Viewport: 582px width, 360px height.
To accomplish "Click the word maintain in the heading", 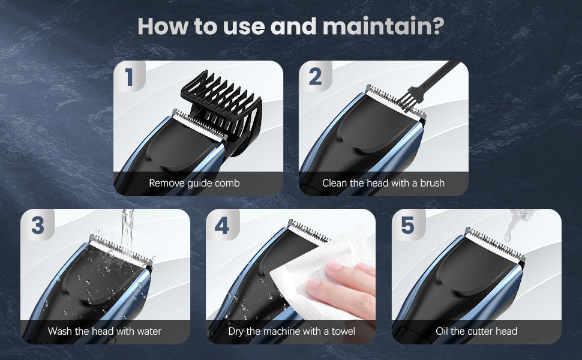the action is pyautogui.click(x=383, y=26).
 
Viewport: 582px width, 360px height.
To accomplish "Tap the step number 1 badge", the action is pyautogui.click(x=129, y=76).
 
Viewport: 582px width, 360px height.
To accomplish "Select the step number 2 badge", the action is pyautogui.click(x=315, y=76).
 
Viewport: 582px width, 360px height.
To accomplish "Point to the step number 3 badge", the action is pyautogui.click(x=37, y=225).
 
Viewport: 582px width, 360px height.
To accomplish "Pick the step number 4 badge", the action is pyautogui.click(x=222, y=225).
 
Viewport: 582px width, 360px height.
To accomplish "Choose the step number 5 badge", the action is pyautogui.click(x=408, y=225).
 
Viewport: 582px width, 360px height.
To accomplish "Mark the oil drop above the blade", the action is pyautogui.click(x=508, y=235).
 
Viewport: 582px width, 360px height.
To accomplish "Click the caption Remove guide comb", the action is pyautogui.click(x=194, y=183).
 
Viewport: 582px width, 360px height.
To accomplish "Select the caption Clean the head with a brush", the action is pyautogui.click(x=383, y=183).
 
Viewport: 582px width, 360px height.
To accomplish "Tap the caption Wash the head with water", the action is pyautogui.click(x=104, y=331).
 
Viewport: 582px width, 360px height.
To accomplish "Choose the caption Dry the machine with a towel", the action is pyautogui.click(x=292, y=331).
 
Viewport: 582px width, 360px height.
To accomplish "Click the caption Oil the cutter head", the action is pyautogui.click(x=476, y=331).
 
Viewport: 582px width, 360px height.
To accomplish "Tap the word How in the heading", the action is pyautogui.click(x=163, y=26).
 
